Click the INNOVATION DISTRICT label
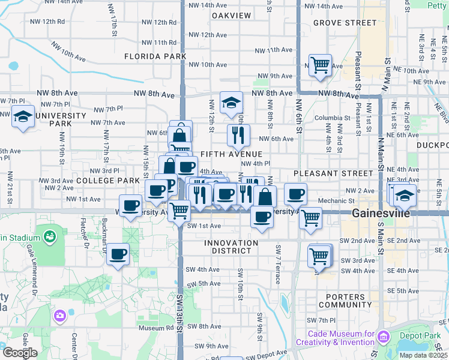(231, 243)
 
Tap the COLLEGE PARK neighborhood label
(108, 180)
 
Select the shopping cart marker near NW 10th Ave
(321, 64)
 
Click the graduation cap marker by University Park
(23, 116)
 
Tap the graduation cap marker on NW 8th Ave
(231, 103)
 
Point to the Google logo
(20, 353)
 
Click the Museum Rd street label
(155, 328)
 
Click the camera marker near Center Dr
(59, 315)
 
